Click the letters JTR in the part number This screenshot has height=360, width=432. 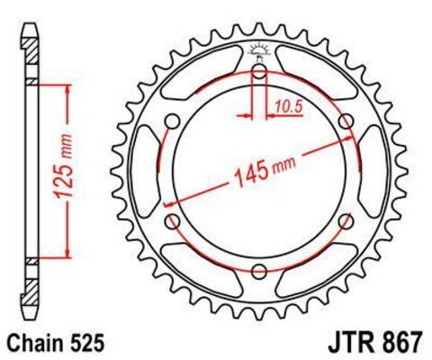[334, 342]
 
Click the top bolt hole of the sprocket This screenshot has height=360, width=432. [259, 71]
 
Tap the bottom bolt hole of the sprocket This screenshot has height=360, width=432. [259, 271]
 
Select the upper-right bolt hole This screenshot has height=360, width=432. [345, 121]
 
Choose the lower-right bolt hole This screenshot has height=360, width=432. [345, 221]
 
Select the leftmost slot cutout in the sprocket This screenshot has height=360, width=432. [148, 171]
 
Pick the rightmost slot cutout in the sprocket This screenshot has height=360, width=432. [371, 171]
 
